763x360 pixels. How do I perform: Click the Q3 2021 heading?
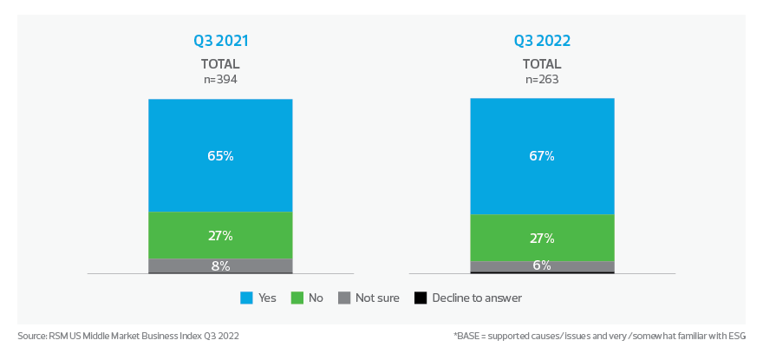point(220,41)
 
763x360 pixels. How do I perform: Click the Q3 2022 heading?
point(542,41)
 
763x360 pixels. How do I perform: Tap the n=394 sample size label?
point(220,79)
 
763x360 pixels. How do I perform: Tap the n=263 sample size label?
point(542,79)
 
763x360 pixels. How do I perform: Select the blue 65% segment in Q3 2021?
point(220,155)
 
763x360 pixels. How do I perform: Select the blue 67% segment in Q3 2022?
point(542,156)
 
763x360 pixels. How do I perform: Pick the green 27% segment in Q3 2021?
point(220,235)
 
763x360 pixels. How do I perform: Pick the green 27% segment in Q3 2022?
point(542,238)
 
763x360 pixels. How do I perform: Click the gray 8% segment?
point(220,265)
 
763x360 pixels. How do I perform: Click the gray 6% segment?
point(542,266)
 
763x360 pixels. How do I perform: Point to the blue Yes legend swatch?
point(246,298)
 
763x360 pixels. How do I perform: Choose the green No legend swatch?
point(297,298)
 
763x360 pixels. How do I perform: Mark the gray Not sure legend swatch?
point(343,298)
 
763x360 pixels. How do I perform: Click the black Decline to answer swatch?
point(420,298)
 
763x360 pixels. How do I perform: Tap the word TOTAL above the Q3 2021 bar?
point(220,64)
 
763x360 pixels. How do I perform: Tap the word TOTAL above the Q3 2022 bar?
point(542,64)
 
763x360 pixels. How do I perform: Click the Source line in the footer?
point(127,335)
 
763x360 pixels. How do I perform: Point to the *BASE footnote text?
point(599,335)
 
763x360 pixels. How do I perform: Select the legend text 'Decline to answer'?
point(477,298)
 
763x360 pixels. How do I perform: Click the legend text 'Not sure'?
point(377,298)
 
